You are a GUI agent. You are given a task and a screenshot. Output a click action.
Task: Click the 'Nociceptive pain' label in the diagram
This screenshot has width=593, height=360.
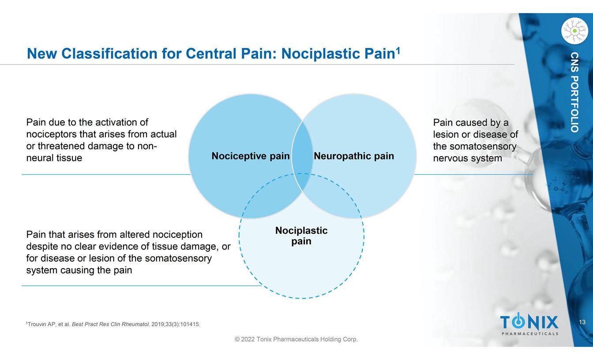250,156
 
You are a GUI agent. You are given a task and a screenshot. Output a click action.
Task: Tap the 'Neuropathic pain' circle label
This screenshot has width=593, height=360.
353,156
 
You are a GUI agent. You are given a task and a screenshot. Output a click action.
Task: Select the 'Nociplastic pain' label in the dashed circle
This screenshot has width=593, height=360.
301,236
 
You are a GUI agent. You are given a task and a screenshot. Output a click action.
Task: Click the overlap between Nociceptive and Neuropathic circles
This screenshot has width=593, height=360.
302,150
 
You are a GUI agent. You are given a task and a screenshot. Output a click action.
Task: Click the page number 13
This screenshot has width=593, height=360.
582,322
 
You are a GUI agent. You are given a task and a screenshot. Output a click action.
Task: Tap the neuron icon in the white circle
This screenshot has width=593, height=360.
574,31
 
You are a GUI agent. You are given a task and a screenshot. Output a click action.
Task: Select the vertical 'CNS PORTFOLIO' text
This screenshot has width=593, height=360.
574,92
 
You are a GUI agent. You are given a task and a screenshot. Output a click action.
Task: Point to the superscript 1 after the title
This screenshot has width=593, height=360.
398,51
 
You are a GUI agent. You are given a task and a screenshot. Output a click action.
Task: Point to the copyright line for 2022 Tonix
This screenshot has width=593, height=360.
296,339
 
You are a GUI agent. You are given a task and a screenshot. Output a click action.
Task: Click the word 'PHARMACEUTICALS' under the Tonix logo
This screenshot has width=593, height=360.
529,334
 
